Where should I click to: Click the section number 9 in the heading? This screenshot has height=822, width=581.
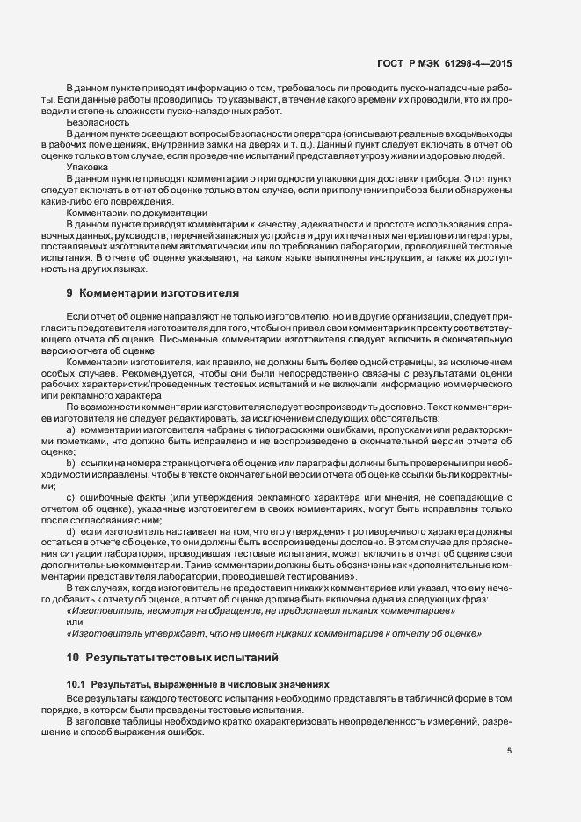[x=70, y=292]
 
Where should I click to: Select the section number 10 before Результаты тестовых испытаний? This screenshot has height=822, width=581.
[x=73, y=656]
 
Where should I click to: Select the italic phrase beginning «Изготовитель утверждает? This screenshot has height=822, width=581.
[x=273, y=632]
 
